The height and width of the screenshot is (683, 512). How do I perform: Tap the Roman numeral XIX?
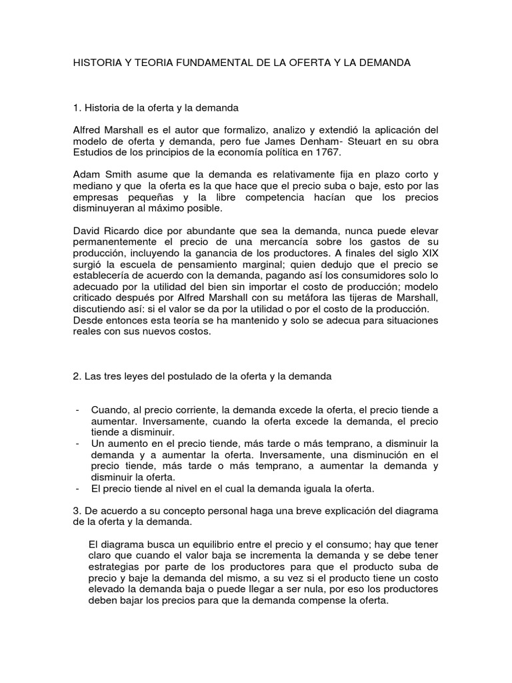pyautogui.click(x=427, y=254)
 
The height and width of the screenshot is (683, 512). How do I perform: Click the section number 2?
pyautogui.click(x=76, y=376)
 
